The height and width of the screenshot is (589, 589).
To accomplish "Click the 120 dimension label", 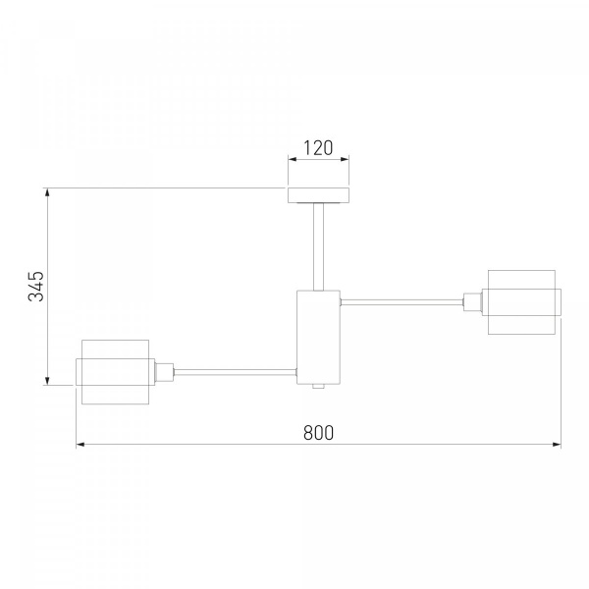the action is tap(318, 148).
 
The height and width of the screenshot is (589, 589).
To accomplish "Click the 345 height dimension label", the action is tap(36, 286).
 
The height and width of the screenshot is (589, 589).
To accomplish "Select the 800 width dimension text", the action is tap(318, 432).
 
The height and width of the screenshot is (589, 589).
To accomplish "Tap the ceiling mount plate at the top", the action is tap(318, 195).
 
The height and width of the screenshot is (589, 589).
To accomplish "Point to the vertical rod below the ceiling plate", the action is tap(318, 246).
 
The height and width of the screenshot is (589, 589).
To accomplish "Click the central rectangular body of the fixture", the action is tap(318, 338).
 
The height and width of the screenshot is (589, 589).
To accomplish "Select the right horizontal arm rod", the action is tap(402, 302).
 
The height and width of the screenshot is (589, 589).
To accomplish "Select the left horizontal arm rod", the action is tap(236, 372).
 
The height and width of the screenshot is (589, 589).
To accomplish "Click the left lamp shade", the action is tap(115, 372).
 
